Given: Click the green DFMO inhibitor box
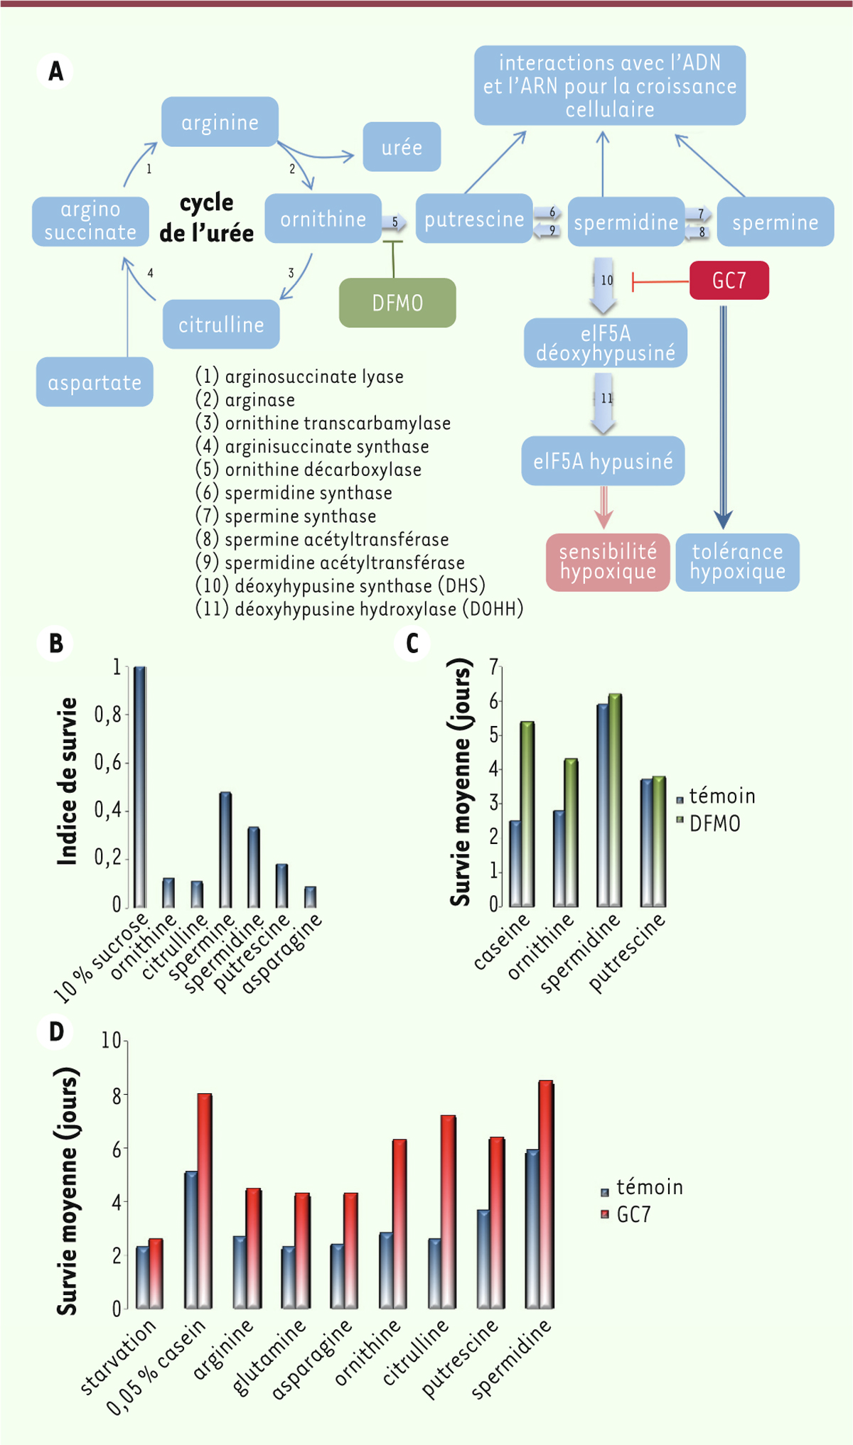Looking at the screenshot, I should point(397,303).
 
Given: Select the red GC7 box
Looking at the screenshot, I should point(729,281).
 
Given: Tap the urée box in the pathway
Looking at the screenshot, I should point(402,147).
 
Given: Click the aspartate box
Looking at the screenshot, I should point(95,382).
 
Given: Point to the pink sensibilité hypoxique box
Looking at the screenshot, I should point(608,562).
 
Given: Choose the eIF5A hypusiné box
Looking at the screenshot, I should point(603,461).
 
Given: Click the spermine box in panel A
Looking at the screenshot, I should point(775,222).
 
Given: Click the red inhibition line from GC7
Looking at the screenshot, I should point(661,282).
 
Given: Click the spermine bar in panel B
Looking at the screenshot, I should point(225,849).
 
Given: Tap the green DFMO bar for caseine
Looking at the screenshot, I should point(527,813).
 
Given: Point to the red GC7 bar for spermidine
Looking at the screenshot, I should point(546,1194).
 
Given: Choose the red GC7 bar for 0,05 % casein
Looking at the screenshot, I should point(205,1201).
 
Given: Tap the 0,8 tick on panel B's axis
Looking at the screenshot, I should point(107,715).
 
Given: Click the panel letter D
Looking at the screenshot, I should point(56,1031).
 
